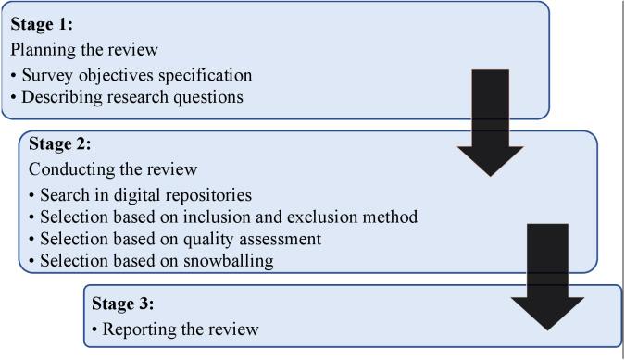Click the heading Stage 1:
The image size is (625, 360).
(41, 24)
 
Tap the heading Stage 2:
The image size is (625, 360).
(59, 144)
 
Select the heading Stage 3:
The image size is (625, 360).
(122, 303)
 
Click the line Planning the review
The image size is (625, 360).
(83, 49)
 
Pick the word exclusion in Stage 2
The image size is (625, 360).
(335, 217)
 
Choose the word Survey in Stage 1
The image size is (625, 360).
(46, 74)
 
